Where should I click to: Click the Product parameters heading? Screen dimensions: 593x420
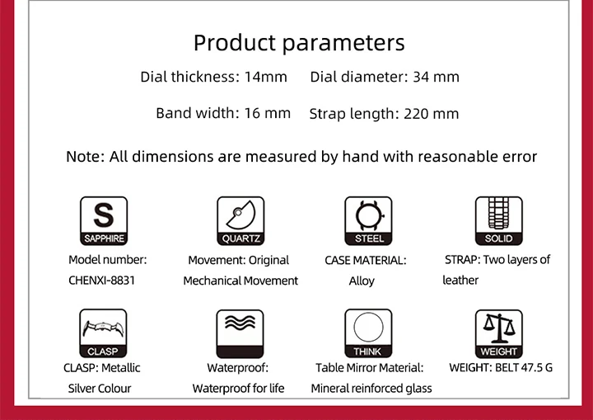click(x=299, y=43)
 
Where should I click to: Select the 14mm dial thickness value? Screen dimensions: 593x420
click(x=266, y=77)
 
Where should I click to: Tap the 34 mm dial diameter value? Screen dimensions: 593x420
click(x=436, y=77)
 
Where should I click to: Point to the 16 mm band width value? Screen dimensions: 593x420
click(x=268, y=113)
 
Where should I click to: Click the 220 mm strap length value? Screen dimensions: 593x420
click(x=431, y=114)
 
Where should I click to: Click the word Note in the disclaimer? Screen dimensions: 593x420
click(x=85, y=157)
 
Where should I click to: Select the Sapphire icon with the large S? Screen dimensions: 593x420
click(x=104, y=221)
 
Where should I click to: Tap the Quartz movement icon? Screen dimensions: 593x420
click(x=240, y=221)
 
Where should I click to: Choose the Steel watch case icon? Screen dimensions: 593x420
click(x=368, y=221)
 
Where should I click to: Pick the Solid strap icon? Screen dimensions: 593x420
click(x=499, y=221)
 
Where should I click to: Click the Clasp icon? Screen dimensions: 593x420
click(x=103, y=333)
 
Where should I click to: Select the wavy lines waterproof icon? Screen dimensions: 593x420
click(x=240, y=334)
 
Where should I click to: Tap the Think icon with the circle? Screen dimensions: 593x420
click(x=368, y=333)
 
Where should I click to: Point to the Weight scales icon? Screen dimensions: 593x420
click(x=499, y=334)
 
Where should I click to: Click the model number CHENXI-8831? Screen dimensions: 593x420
click(x=102, y=281)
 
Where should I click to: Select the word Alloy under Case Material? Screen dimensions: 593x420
click(x=362, y=281)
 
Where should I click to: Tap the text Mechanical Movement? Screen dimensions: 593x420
click(x=240, y=281)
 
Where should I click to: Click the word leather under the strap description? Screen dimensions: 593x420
click(x=460, y=280)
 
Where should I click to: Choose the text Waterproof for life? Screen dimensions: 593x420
click(x=238, y=389)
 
